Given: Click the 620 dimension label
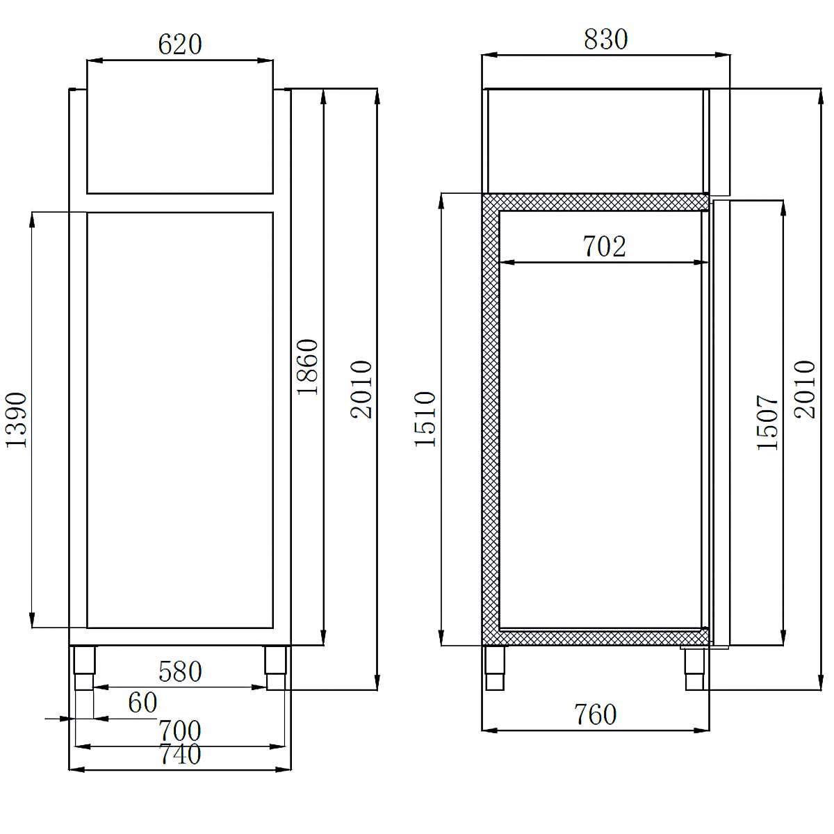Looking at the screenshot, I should (x=180, y=44).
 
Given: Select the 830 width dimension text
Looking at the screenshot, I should (x=605, y=39).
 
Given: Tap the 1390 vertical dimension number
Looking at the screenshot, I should (x=16, y=419).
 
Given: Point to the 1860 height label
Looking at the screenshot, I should (x=307, y=367).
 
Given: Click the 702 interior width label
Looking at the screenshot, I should (x=604, y=246).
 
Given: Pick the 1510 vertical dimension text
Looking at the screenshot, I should (x=425, y=418).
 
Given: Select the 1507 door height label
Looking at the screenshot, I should (x=769, y=423).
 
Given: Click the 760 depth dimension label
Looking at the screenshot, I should (x=596, y=714).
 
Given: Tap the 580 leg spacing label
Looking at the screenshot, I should (x=180, y=672).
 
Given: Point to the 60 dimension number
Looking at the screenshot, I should (x=142, y=703).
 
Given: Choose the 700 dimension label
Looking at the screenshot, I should (x=180, y=730).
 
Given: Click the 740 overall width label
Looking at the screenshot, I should (x=180, y=754).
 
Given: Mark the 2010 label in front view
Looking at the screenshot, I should (x=361, y=389).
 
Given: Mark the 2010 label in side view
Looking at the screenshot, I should (x=805, y=389).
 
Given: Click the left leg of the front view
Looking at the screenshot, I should (x=84, y=667).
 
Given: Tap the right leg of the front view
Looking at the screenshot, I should (x=275, y=667).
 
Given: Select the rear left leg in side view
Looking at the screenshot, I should (x=495, y=667).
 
